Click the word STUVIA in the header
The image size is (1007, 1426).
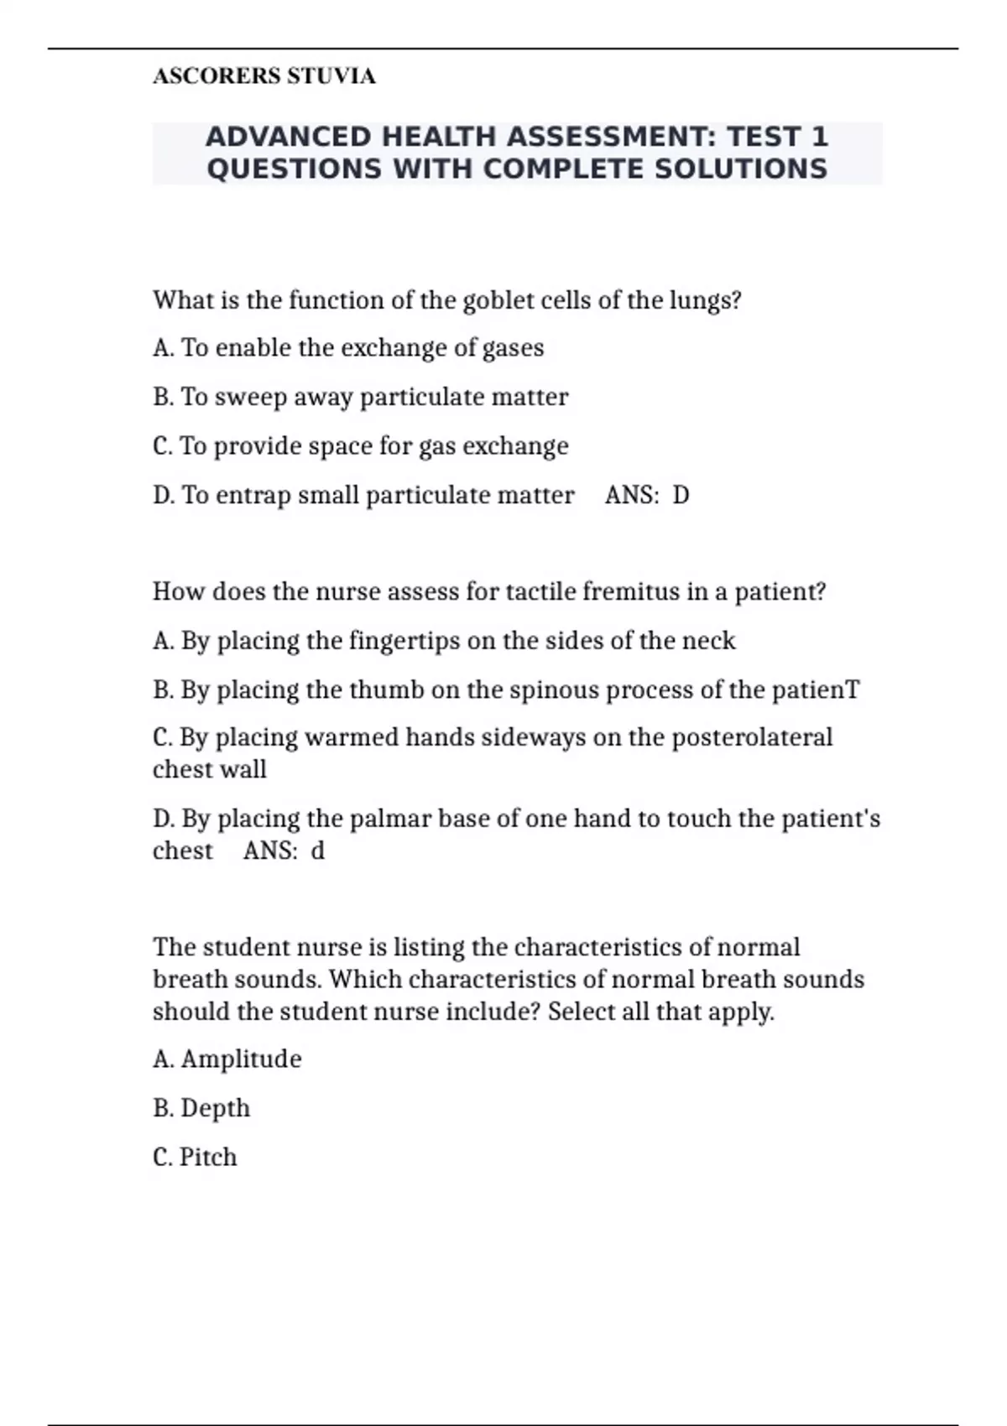pos(331,76)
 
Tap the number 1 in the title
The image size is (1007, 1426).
pos(819,137)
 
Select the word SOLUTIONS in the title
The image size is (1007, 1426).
pos(740,169)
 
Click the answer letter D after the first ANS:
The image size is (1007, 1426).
pos(681,495)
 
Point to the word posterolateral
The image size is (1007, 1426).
pos(752,737)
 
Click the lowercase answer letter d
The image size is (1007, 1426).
pos(317,851)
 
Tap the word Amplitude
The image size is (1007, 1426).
pos(241,1059)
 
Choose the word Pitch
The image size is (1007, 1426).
pos(208,1158)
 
